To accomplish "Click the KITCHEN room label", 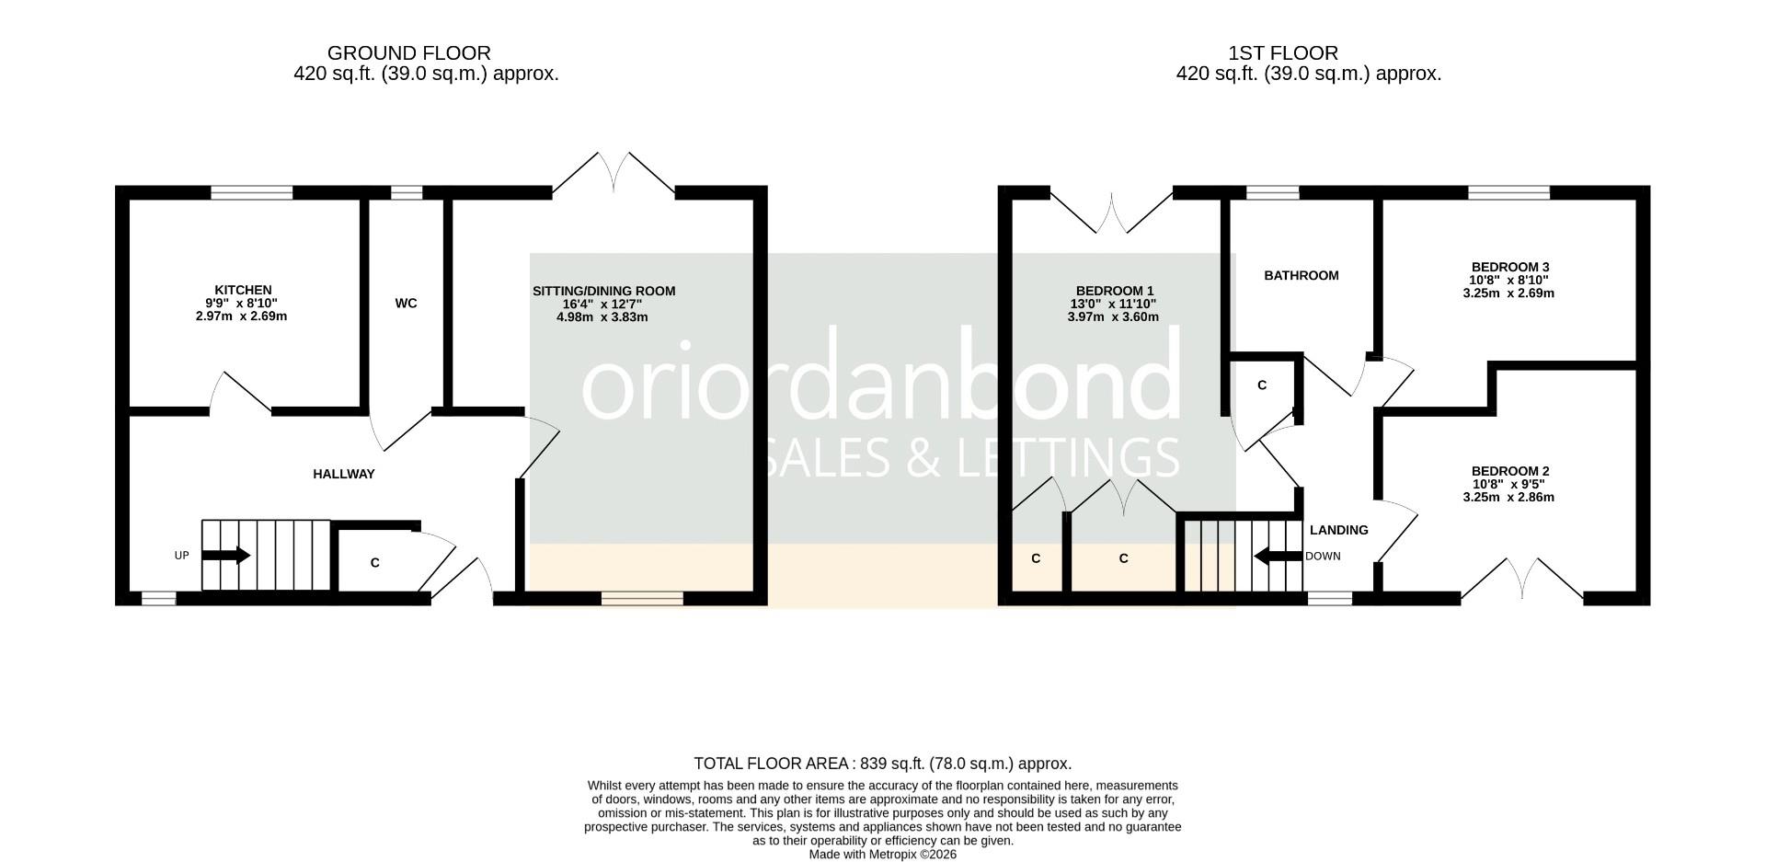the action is coord(243,290).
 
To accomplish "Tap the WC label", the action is coord(406,304).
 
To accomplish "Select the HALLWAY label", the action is coord(344,475).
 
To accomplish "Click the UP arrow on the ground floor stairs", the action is coord(225,556).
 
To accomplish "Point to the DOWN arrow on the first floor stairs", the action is coord(1276,556).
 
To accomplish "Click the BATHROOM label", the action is coord(1301,276).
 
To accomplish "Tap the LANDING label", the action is coord(1338,530).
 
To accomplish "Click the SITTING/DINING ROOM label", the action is coord(603,292).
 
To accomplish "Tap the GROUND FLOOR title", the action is coord(408,53).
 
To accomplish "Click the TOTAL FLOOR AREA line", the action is coord(883,764).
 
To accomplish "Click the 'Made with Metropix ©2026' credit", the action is coord(883,855).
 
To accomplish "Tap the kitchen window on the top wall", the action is coord(251,192).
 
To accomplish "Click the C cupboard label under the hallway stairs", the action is coord(375,563).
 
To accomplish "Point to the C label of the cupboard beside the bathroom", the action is coord(1262,385).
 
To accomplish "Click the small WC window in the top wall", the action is coord(407,192).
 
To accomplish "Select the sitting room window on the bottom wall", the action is coord(643,599).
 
